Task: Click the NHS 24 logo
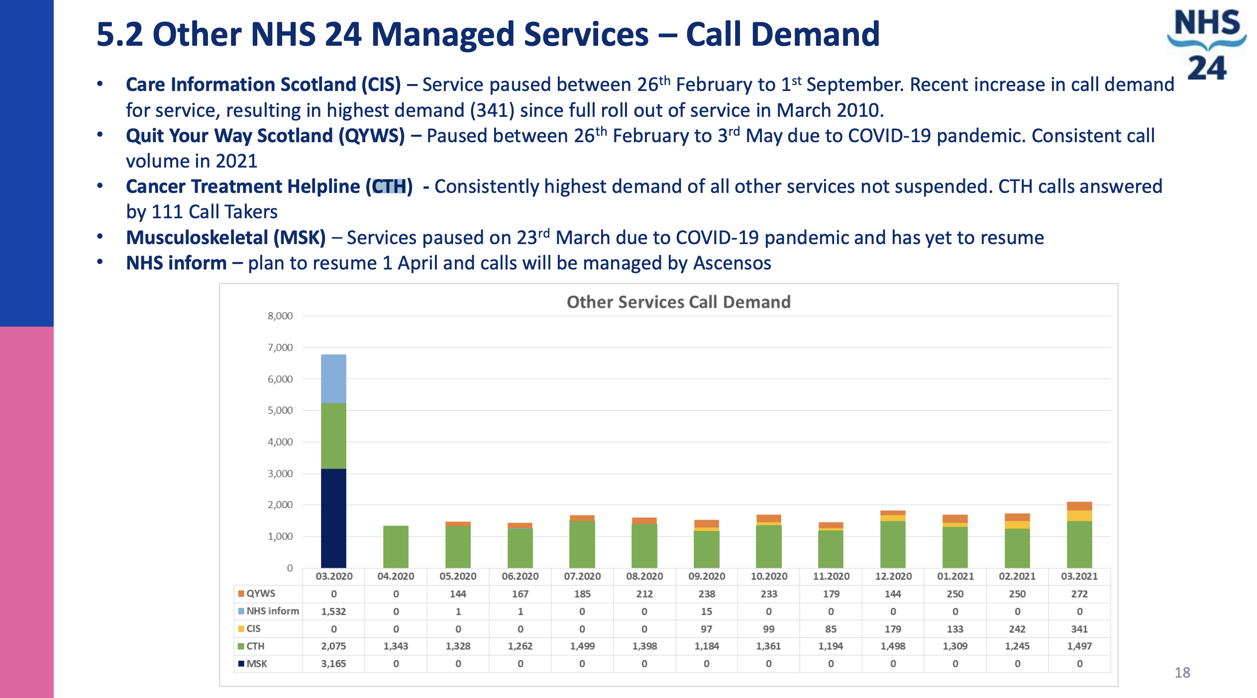pos(1206,45)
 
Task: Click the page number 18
pos(1182,673)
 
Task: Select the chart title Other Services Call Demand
pos(678,302)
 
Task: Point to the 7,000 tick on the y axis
pos(280,348)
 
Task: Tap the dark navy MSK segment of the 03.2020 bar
pos(333,518)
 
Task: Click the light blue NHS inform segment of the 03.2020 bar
pos(333,378)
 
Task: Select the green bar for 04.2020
pos(396,547)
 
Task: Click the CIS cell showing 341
pos(1079,629)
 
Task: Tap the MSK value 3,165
pos(333,664)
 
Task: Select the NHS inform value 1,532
pos(333,611)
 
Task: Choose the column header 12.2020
pos(893,576)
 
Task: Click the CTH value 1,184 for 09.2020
pos(707,646)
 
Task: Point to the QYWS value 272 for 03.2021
pos(1079,594)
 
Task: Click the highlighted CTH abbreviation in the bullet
pos(390,186)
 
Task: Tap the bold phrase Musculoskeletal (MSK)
pos(226,238)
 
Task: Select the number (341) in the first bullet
pos(492,110)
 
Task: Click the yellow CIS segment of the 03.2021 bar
pos(1079,516)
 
